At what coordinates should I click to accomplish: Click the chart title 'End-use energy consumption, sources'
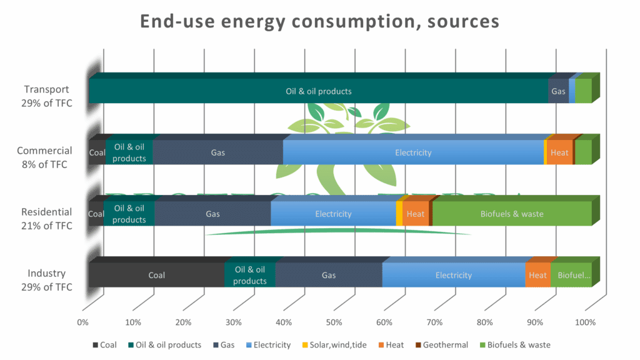(319, 21)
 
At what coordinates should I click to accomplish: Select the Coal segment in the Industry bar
(156, 275)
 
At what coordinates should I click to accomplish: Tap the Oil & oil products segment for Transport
(318, 91)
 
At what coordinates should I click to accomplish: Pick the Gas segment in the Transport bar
(558, 91)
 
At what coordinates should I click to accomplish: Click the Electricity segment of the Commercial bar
(413, 152)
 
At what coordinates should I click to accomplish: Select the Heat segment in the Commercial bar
(559, 152)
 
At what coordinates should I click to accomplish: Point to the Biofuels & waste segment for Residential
(511, 214)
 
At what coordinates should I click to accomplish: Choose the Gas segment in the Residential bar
(212, 214)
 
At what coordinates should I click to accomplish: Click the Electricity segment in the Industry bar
(453, 275)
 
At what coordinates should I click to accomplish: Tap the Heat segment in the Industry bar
(537, 275)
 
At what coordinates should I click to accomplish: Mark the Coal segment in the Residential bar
(96, 214)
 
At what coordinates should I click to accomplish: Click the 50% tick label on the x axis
(334, 322)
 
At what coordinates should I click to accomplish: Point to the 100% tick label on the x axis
(585, 322)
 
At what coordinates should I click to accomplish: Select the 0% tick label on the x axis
(82, 322)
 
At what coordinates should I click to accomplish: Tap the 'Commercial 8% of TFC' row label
(44, 157)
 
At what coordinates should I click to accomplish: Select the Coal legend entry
(104, 345)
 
